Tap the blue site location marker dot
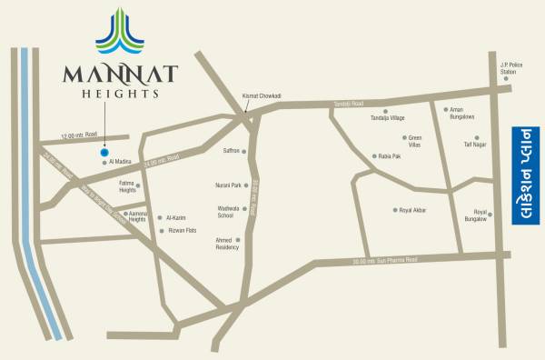point(104,153)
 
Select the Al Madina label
point(122,163)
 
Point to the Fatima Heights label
point(127,186)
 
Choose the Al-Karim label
point(178,218)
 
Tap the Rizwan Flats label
point(183,230)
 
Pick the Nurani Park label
point(228,185)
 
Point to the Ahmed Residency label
point(226,243)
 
